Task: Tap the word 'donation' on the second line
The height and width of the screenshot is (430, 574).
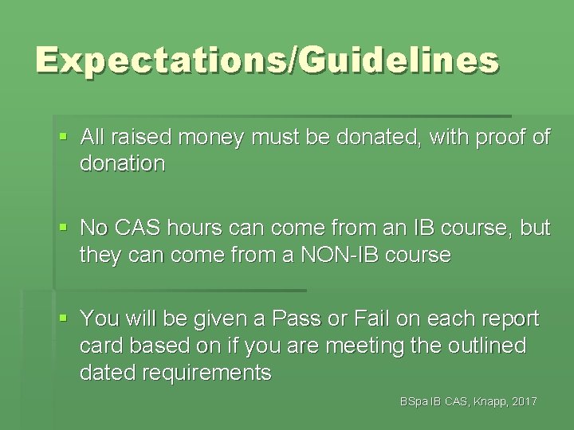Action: coord(122,164)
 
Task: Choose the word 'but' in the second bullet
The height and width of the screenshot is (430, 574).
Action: coord(535,229)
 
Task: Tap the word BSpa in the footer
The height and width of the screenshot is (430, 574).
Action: coord(415,402)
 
